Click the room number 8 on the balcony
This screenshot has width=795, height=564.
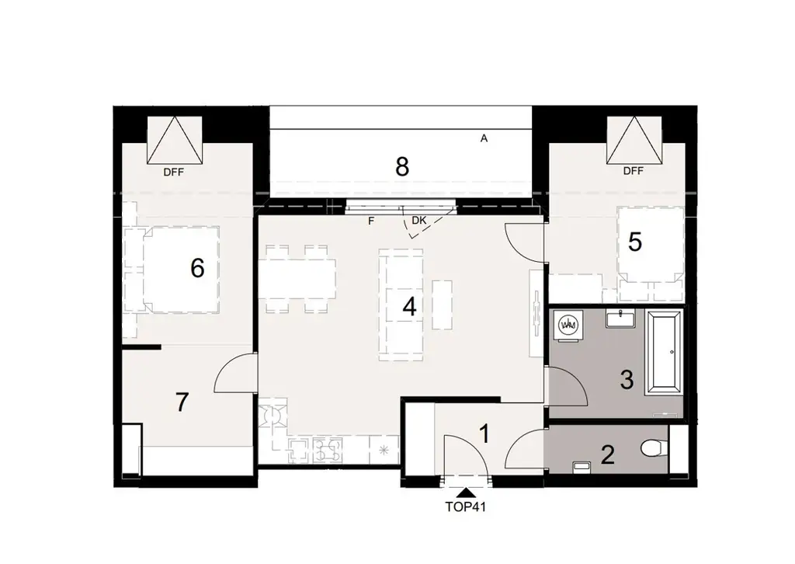pyautogui.click(x=401, y=167)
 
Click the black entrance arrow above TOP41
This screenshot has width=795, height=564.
pyautogui.click(x=466, y=491)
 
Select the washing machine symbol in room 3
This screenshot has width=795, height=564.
pyautogui.click(x=568, y=325)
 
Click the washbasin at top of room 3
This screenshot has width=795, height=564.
pyautogui.click(x=621, y=317)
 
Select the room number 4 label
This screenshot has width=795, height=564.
pyautogui.click(x=409, y=307)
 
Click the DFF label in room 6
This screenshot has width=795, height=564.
pyautogui.click(x=174, y=172)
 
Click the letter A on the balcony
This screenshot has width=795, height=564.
pyautogui.click(x=484, y=139)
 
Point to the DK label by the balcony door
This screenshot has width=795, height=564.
pyautogui.click(x=419, y=221)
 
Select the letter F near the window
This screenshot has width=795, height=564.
pyautogui.click(x=371, y=221)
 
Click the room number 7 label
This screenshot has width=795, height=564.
pyautogui.click(x=182, y=402)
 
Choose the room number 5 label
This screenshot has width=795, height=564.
pyautogui.click(x=635, y=242)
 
